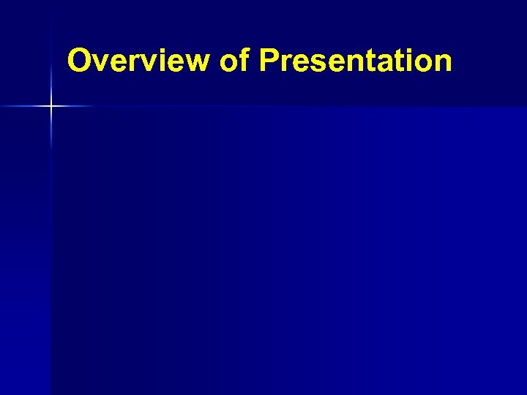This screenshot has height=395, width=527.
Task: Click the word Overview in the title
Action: coord(138,61)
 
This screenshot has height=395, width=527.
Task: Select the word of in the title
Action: coord(234,61)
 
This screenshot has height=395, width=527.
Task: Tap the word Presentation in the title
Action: coord(355,61)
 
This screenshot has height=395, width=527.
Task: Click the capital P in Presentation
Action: coord(269,61)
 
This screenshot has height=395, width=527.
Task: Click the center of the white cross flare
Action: coord(51,107)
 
